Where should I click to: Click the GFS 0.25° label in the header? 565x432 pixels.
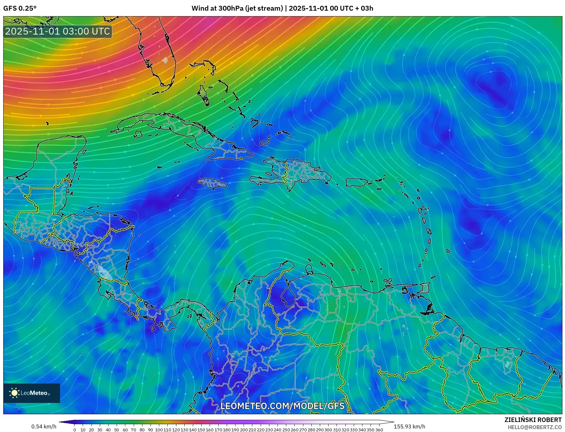(20, 8)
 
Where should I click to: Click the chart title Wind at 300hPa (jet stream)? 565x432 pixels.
(237, 8)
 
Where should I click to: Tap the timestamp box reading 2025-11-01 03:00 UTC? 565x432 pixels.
(58, 31)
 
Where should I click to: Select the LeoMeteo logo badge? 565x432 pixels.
(32, 393)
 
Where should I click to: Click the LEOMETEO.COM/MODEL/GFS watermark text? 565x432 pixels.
(282, 406)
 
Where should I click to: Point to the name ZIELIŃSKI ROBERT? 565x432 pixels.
(533, 420)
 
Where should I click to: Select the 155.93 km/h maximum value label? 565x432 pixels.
(409, 427)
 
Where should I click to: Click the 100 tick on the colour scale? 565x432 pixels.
(159, 430)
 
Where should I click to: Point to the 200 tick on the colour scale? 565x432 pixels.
(244, 430)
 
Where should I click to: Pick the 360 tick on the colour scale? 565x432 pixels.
(379, 430)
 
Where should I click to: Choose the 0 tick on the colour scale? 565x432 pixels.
(75, 430)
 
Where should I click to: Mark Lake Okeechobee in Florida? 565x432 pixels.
(165, 60)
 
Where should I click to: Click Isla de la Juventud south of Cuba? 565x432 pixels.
(138, 134)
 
